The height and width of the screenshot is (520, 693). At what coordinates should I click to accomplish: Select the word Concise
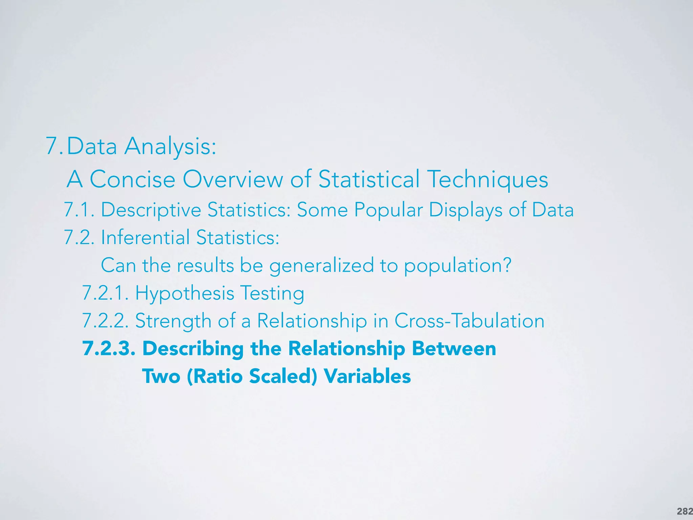pyautogui.click(x=132, y=179)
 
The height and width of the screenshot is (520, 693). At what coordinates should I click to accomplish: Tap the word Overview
pyautogui.click(x=233, y=179)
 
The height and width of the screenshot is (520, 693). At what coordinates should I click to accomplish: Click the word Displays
pyautogui.click(x=466, y=210)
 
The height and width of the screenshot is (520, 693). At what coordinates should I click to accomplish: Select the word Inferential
pyautogui.click(x=145, y=238)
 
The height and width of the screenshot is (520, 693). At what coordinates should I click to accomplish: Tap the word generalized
pyautogui.click(x=321, y=266)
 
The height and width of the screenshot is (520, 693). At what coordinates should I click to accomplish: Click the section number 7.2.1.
pyautogui.click(x=105, y=293)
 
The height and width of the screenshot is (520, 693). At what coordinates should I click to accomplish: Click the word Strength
pyautogui.click(x=173, y=321)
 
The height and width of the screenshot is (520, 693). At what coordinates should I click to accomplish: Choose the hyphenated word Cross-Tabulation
pyautogui.click(x=469, y=321)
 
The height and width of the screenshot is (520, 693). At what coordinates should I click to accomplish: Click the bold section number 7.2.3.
pyautogui.click(x=109, y=349)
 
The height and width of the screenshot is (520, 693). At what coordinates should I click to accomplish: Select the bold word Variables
pyautogui.click(x=367, y=376)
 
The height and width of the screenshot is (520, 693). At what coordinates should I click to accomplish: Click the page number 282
pyautogui.click(x=685, y=512)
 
